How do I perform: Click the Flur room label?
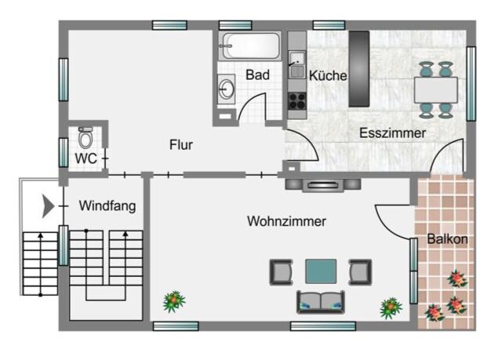tap(181, 144)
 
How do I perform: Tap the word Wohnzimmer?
tap(286, 221)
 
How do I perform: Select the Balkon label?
tap(448, 239)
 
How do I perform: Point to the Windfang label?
tap(107, 206)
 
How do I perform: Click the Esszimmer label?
tap(392, 133)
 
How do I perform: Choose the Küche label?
tap(328, 75)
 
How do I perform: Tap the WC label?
tap(85, 158)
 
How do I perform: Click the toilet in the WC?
tap(85, 137)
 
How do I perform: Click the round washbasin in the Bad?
tap(226, 89)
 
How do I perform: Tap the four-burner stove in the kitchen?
tap(296, 101)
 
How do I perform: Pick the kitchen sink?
tap(296, 65)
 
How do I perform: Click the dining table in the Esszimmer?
tap(436, 90)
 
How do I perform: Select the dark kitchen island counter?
tap(359, 69)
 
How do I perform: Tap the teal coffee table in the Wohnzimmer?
tap(321, 271)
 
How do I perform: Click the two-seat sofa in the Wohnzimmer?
tap(321, 302)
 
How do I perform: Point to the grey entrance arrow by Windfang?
tap(48, 206)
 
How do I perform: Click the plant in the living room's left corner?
tap(174, 301)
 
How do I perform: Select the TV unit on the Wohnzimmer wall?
tap(323, 185)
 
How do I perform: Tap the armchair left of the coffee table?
tap(282, 271)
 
